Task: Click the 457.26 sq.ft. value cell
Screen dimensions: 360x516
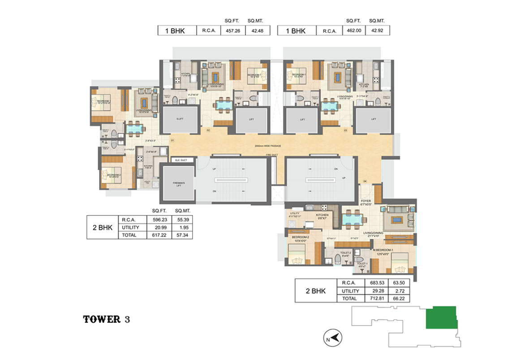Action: (232, 30)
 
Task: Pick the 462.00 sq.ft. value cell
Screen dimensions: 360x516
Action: (352, 30)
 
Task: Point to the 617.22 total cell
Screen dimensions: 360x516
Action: (159, 235)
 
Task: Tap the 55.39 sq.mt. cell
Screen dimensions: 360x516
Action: (181, 220)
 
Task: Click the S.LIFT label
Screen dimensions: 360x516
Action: (179, 120)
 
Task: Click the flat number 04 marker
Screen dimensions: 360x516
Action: (365, 181)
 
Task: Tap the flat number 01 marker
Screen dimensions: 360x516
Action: (172, 141)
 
